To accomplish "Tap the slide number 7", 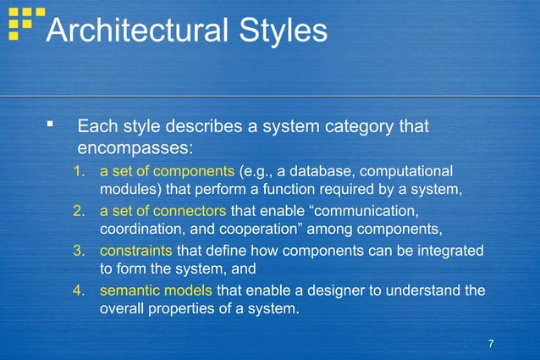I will coord(491,342).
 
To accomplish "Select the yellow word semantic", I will coord(129,291).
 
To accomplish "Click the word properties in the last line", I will coord(184,309).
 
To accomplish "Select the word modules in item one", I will coord(127,189).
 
